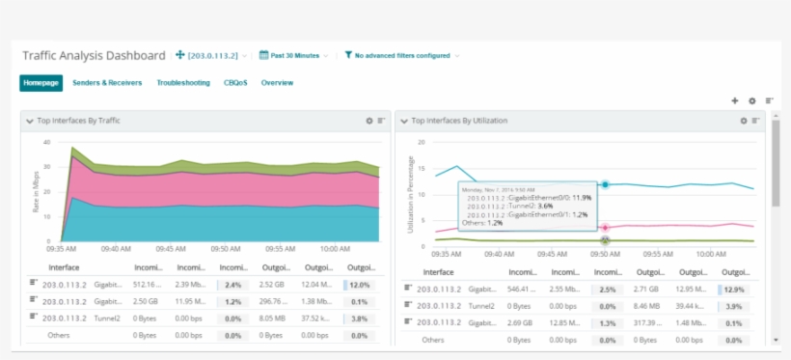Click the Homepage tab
pyautogui.click(x=41, y=83)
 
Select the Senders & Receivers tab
pyautogui.click(x=107, y=83)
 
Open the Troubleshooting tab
pyautogui.click(x=183, y=83)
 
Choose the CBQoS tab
pyautogui.click(x=235, y=83)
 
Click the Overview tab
pyautogui.click(x=277, y=83)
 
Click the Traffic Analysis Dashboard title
pyautogui.click(x=94, y=56)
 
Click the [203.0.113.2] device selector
pyautogui.click(x=212, y=56)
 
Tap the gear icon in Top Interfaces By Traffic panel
pyautogui.click(x=368, y=121)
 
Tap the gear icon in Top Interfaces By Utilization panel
pyautogui.click(x=743, y=121)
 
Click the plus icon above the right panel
pyautogui.click(x=734, y=100)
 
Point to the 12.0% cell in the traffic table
pyautogui.click(x=360, y=285)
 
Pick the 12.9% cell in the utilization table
pyautogui.click(x=734, y=289)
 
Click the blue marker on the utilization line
pyautogui.click(x=605, y=184)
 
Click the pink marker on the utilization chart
pyautogui.click(x=605, y=228)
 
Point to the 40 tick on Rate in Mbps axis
pyautogui.click(x=47, y=142)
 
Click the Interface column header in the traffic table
pyautogui.click(x=64, y=267)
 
